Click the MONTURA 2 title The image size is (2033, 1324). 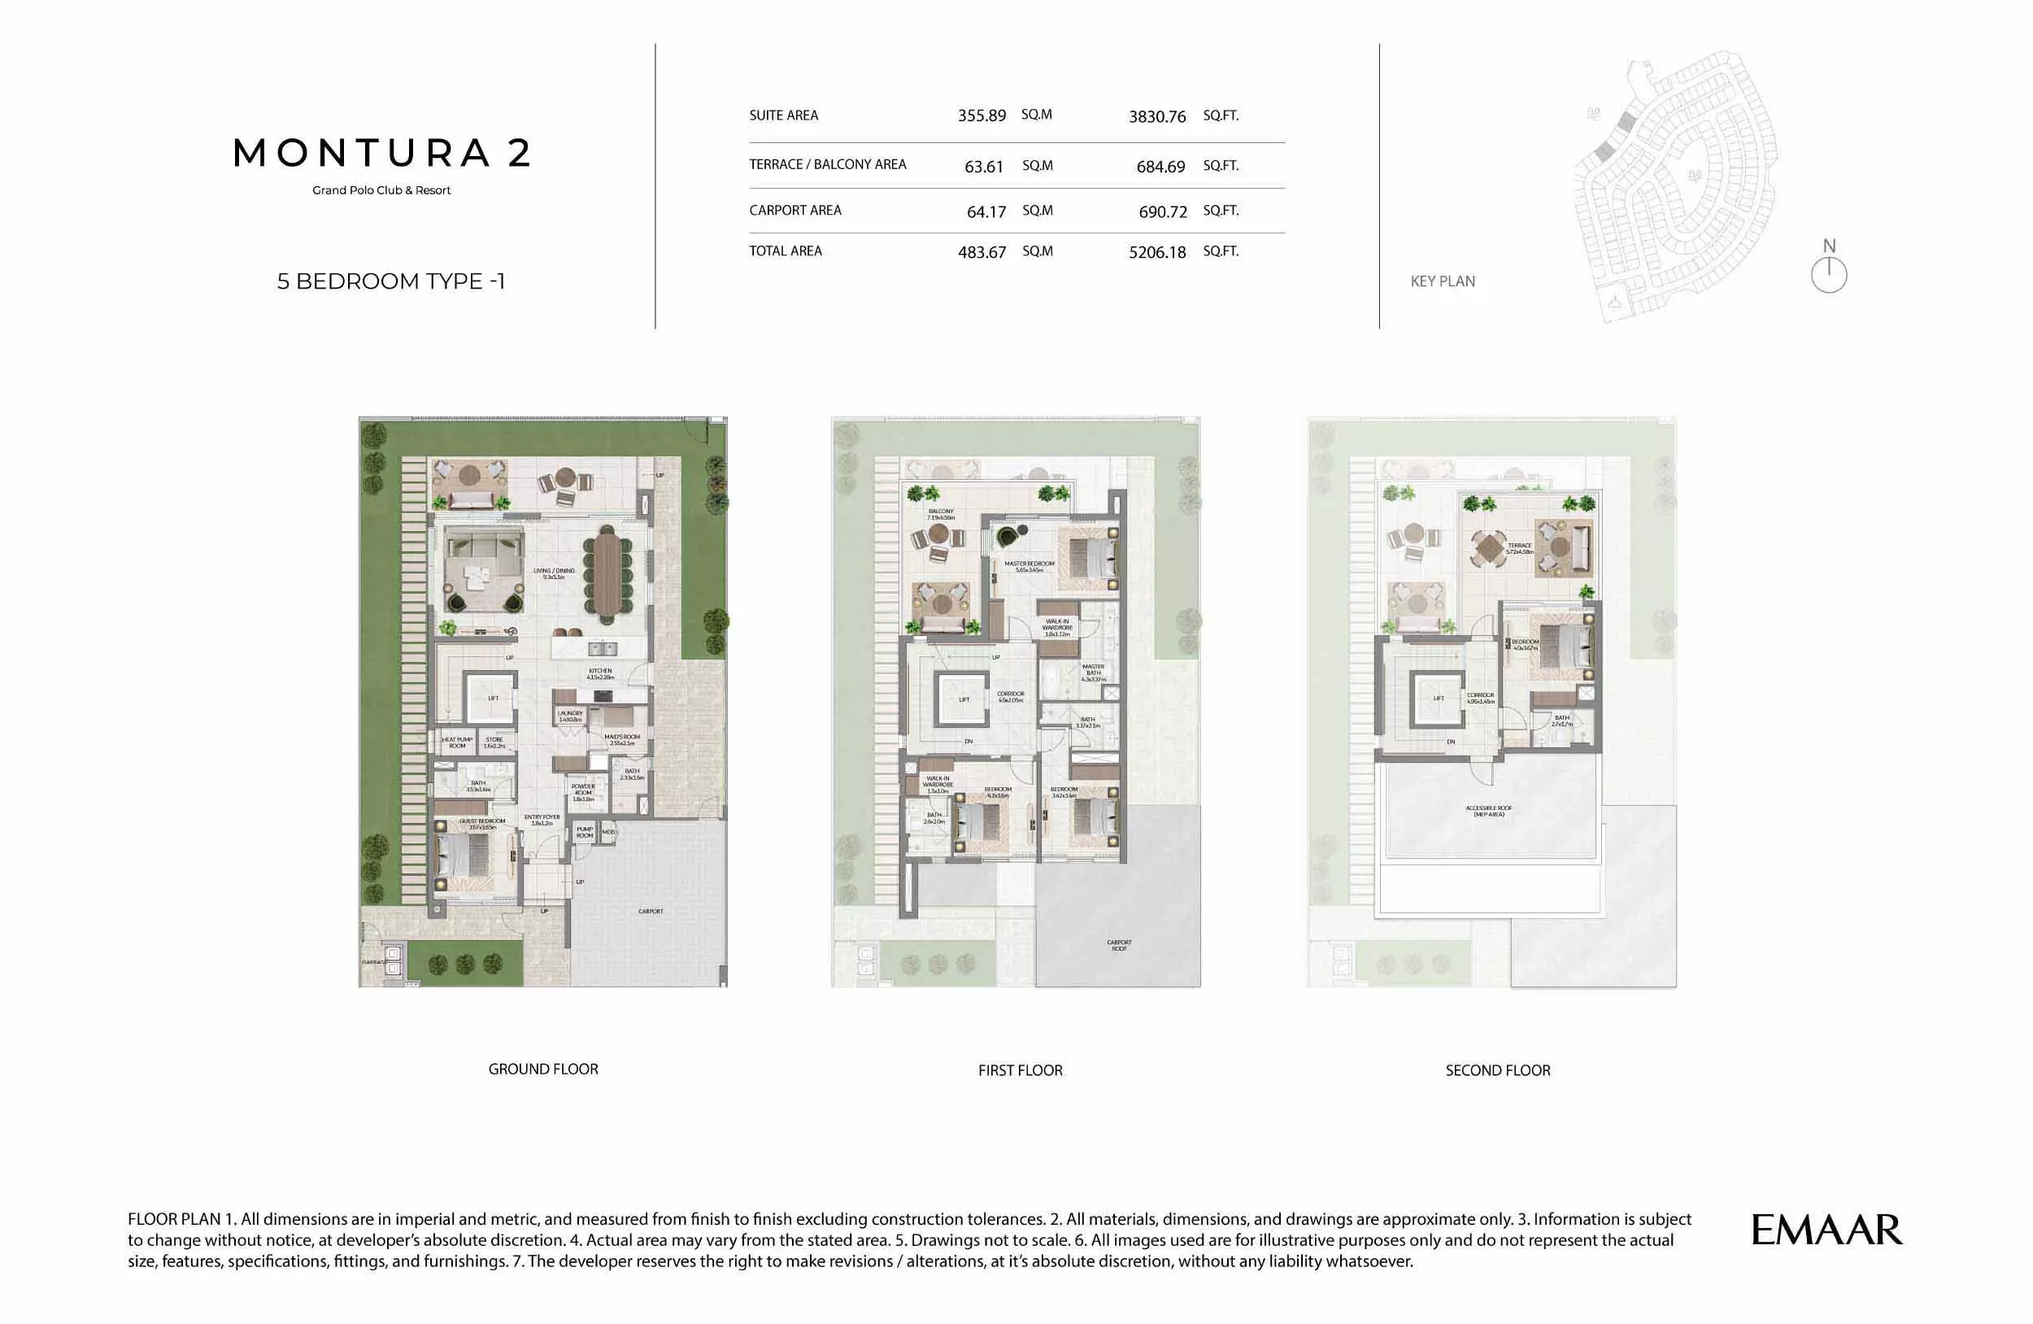click(x=382, y=154)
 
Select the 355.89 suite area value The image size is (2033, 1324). click(x=982, y=115)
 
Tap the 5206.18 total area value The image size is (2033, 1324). click(x=1157, y=252)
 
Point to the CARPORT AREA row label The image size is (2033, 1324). click(x=795, y=210)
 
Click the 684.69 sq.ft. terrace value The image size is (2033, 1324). click(x=1160, y=167)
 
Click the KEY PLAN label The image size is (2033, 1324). click(x=1443, y=281)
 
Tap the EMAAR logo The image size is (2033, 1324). click(x=1826, y=1230)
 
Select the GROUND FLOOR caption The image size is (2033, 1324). click(x=543, y=1069)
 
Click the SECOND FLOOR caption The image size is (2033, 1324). click(x=1497, y=1070)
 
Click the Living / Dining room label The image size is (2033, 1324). click(x=554, y=573)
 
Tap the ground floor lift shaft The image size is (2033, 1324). click(x=493, y=698)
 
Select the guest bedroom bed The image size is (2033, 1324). click(x=463, y=856)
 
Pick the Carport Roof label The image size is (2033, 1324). click(x=1119, y=946)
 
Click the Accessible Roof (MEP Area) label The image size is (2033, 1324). click(x=1489, y=811)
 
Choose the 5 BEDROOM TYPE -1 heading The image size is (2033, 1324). click(x=391, y=281)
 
